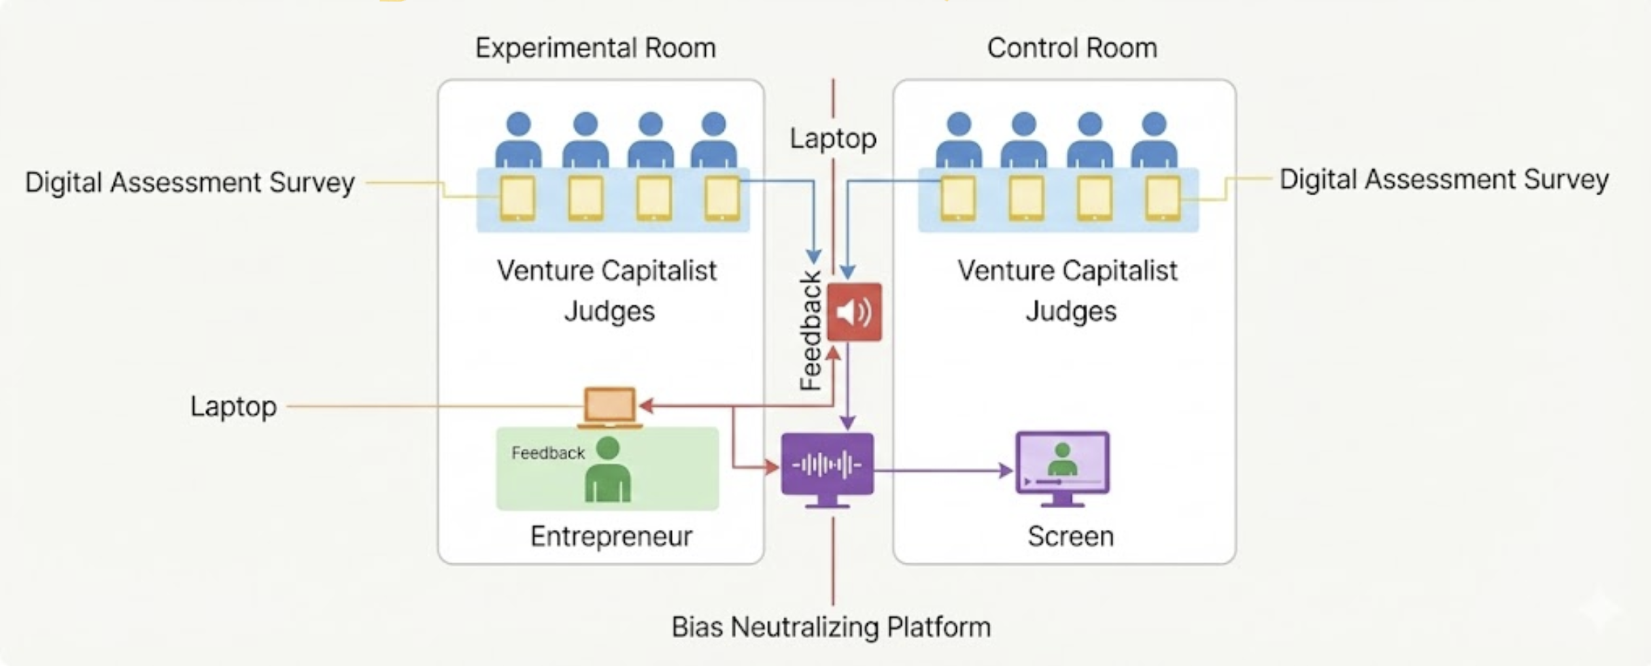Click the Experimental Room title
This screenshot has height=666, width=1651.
pyautogui.click(x=595, y=48)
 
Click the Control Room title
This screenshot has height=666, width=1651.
pyautogui.click(x=1072, y=48)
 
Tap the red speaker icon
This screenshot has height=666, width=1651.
pyautogui.click(x=854, y=312)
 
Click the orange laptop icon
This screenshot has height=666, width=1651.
pyautogui.click(x=610, y=407)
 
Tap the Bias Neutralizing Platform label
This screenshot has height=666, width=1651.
pyautogui.click(x=830, y=627)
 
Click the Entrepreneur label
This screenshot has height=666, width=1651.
pyautogui.click(x=611, y=536)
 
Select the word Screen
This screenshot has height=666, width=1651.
pyautogui.click(x=1070, y=536)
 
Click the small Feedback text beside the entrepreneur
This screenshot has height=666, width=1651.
pyautogui.click(x=547, y=453)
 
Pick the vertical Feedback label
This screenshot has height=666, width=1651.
pyautogui.click(x=811, y=331)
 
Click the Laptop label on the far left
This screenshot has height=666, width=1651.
pyautogui.click(x=233, y=406)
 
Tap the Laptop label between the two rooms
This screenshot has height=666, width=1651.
pyautogui.click(x=833, y=139)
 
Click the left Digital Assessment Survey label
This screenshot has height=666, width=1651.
pyautogui.click(x=190, y=182)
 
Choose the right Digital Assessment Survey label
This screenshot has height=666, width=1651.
pyautogui.click(x=1444, y=180)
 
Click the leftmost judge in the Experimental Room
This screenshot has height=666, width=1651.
pyautogui.click(x=518, y=139)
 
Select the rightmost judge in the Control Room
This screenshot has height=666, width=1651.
pyautogui.click(x=1154, y=139)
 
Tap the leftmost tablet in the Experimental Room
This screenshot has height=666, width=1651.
pyautogui.click(x=517, y=198)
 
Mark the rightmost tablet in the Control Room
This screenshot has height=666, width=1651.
pyautogui.click(x=1163, y=198)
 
